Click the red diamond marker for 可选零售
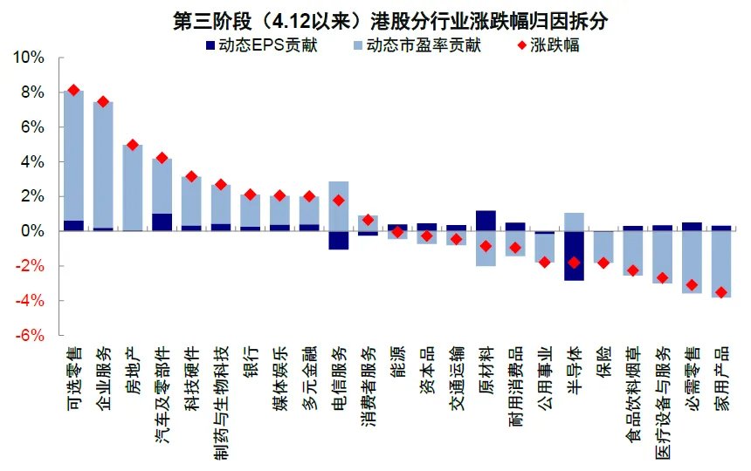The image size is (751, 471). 74,90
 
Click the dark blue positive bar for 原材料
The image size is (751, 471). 486,221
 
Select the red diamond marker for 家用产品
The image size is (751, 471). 720,292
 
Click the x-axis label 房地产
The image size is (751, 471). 133,366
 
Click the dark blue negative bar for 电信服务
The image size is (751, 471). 339,240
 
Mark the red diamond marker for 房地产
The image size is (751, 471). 133,145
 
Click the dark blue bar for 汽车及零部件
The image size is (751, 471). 162,222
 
